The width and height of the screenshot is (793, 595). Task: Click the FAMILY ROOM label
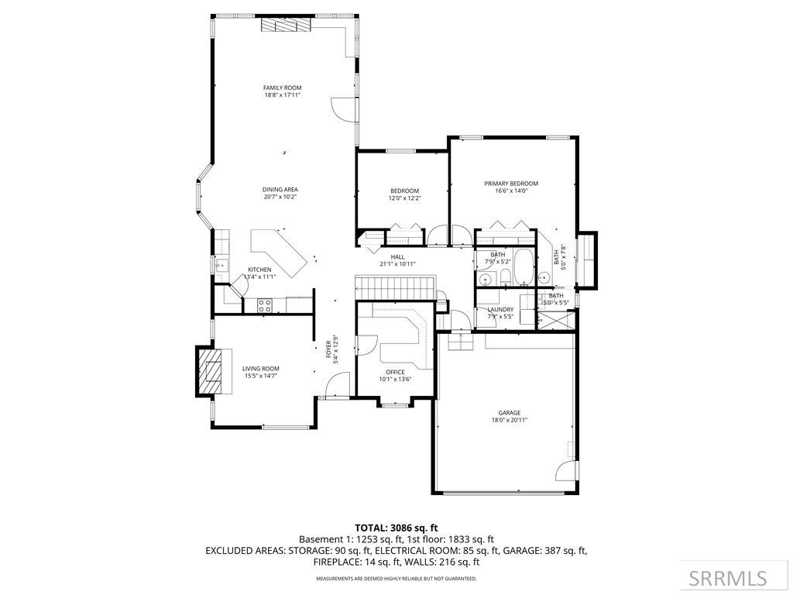282,88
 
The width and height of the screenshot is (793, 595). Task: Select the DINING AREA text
280,189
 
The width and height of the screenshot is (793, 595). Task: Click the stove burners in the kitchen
264,304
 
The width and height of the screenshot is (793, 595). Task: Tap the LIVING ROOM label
260,369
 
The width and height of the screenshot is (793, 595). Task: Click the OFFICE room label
396,372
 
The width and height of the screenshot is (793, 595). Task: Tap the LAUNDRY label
500,309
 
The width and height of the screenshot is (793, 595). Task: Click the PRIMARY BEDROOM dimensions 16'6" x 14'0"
511,191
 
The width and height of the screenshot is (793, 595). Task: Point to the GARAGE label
509,413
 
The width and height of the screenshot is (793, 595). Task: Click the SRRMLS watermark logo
728,578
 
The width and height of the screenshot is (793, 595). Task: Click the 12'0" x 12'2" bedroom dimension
404,198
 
